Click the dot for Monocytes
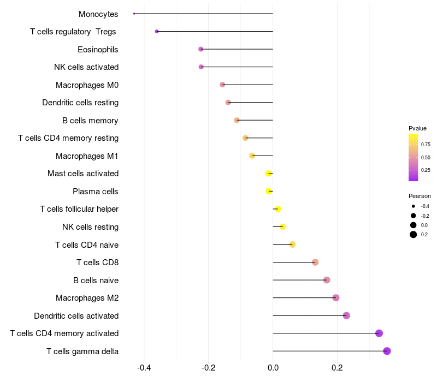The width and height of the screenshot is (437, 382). click(134, 14)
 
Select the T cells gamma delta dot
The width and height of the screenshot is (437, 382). click(387, 351)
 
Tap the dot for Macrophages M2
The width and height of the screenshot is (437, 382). click(336, 298)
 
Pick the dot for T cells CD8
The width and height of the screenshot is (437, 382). click(315, 262)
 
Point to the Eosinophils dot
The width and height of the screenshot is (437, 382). click(201, 49)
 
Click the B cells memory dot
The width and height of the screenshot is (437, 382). click(237, 120)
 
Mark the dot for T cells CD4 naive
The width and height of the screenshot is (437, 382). click(292, 244)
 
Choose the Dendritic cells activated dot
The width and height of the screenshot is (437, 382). click(346, 315)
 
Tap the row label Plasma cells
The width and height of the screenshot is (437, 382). click(96, 192)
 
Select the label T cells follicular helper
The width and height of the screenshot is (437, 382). click(79, 209)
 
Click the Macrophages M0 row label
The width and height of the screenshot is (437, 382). click(87, 85)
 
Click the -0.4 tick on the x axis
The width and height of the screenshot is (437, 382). click(144, 368)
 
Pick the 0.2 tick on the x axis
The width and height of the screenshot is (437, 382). click(337, 368)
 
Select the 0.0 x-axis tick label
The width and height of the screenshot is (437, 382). click(273, 368)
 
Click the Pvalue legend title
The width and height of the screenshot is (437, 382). click(417, 128)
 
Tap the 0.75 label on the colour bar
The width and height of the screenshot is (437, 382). click(425, 145)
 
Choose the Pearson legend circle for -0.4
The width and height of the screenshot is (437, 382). click(414, 206)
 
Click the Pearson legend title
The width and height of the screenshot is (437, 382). click(420, 196)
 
